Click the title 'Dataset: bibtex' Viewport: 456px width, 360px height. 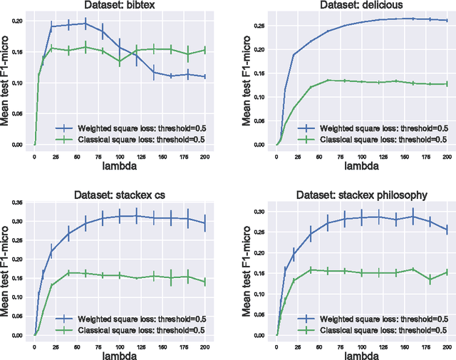120,6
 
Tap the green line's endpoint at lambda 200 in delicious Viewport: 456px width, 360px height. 447,83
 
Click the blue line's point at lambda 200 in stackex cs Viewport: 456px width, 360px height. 205,223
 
